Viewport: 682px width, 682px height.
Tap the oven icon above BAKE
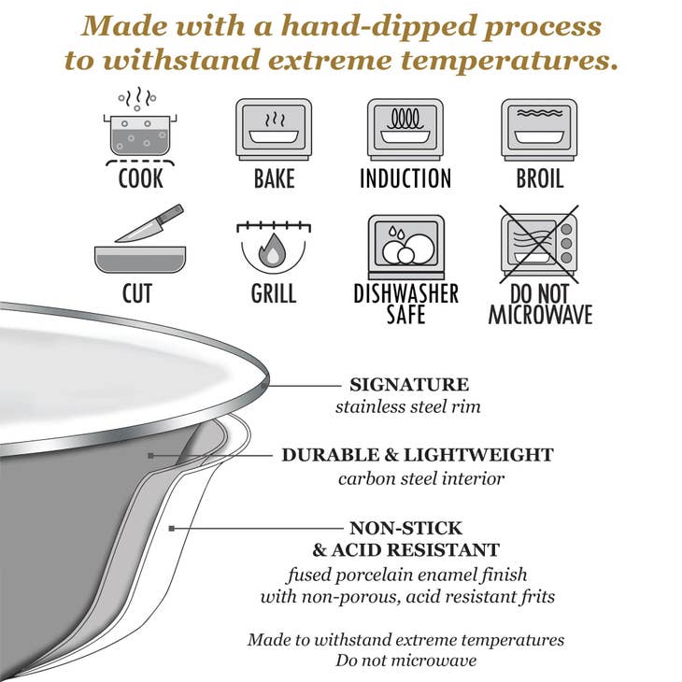click(274, 129)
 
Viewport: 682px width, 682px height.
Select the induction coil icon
click(405, 129)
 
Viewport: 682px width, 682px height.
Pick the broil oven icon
click(540, 129)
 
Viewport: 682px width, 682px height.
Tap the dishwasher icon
click(405, 244)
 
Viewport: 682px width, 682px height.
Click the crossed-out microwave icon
click(540, 244)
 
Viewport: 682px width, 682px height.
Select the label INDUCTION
click(405, 178)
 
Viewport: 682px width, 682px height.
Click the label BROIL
click(540, 178)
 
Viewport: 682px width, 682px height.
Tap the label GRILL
click(273, 294)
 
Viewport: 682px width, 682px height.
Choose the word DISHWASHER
click(405, 293)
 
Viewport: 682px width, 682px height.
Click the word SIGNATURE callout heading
click(409, 384)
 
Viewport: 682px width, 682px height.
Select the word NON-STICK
click(406, 528)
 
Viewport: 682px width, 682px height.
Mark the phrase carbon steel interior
click(421, 479)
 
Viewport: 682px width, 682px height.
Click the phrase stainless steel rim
click(408, 406)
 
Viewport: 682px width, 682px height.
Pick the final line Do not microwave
click(406, 661)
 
